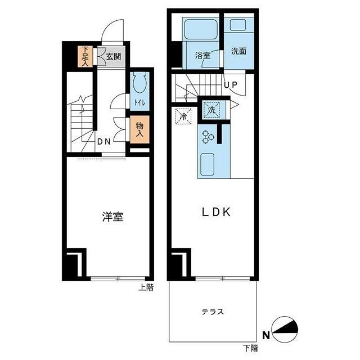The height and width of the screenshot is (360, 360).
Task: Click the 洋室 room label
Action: tap(112, 217)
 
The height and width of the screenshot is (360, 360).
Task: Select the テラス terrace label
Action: tap(213, 311)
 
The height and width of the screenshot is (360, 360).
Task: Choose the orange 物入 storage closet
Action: tap(139, 130)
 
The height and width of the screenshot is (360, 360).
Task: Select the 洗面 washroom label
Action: tap(238, 51)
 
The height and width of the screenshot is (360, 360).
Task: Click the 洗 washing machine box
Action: tap(210, 110)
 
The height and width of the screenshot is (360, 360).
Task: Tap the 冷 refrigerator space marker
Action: tap(183, 117)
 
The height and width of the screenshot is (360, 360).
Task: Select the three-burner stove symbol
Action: tap(208, 136)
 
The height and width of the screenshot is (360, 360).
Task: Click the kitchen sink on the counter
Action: tap(209, 163)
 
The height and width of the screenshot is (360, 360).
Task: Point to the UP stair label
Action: tap(231, 85)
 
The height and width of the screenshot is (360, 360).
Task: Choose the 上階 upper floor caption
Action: tap(146, 287)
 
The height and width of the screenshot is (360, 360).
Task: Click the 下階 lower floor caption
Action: tap(250, 349)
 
